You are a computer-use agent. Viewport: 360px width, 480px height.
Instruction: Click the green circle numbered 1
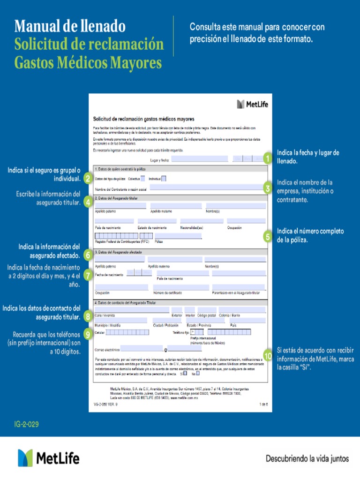pyautogui.click(x=267, y=158)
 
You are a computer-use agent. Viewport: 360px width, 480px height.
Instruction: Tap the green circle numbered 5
pyautogui.click(x=267, y=237)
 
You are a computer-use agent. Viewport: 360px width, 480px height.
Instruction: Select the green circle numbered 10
pyautogui.click(x=267, y=356)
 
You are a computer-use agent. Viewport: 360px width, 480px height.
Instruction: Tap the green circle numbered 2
pyautogui.click(x=88, y=178)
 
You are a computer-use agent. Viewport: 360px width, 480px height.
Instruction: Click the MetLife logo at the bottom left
pyautogui.click(x=49, y=458)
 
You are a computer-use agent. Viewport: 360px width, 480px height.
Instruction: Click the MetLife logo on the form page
pyautogui.click(x=253, y=104)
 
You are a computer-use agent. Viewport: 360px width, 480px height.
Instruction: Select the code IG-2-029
pyautogui.click(x=27, y=424)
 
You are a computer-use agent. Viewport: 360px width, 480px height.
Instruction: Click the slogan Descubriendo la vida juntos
pyautogui.click(x=307, y=458)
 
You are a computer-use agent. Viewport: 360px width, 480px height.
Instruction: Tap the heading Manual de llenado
pyautogui.click(x=70, y=25)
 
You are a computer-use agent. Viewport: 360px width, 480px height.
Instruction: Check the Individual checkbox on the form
pyautogui.click(x=164, y=178)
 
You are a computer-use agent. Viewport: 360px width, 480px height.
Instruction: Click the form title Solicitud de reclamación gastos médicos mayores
pyautogui.click(x=143, y=119)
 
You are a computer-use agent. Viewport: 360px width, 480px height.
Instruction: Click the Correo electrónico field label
pyautogui.click(x=107, y=349)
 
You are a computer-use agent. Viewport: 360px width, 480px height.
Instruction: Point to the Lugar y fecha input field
pyautogui.click(x=200, y=159)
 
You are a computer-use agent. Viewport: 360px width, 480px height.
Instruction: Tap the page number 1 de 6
pyautogui.click(x=263, y=404)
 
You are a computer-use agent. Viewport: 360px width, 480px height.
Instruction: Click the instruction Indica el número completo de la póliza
pyautogui.click(x=310, y=235)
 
